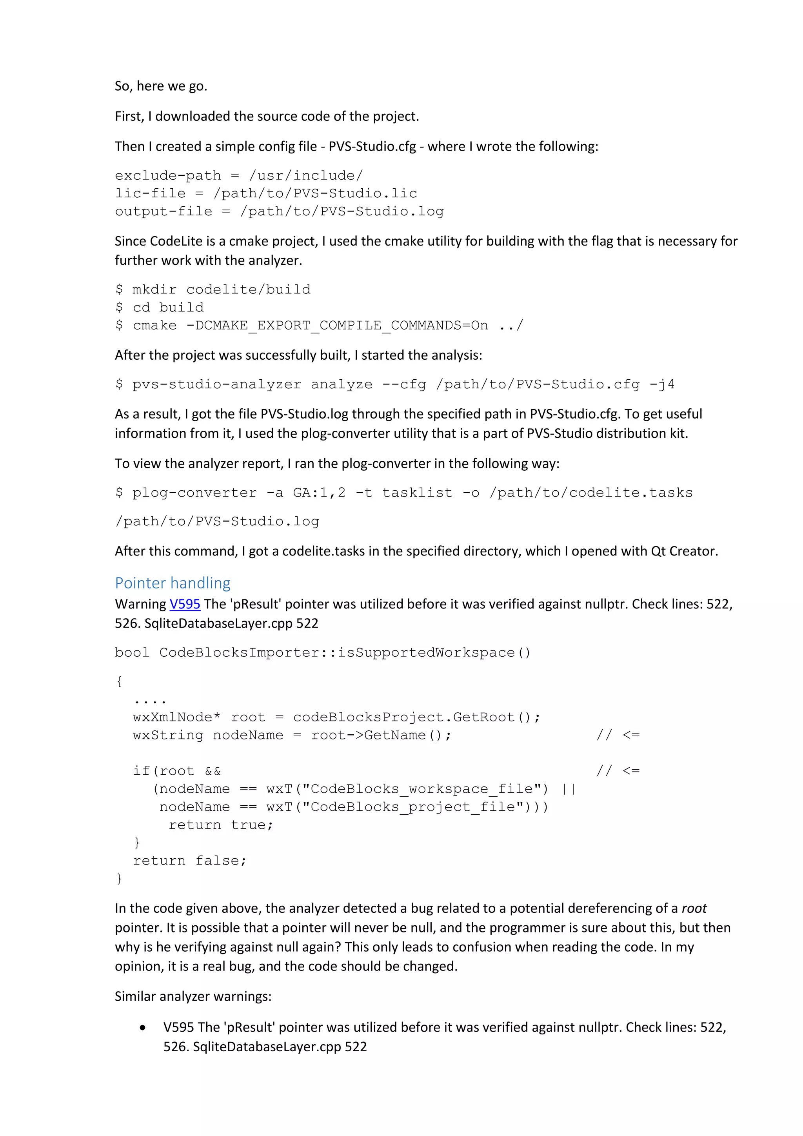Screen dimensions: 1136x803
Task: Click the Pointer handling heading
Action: (x=173, y=583)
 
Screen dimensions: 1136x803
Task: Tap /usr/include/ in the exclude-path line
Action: (x=306, y=176)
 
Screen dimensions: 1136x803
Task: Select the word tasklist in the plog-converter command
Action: (x=417, y=493)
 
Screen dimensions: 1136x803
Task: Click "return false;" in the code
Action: (x=189, y=861)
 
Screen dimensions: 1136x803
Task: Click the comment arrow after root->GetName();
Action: (x=618, y=735)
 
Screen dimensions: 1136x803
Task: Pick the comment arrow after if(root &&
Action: (x=618, y=771)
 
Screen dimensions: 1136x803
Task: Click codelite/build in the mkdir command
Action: (x=248, y=289)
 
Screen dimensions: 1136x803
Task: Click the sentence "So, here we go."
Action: (x=161, y=86)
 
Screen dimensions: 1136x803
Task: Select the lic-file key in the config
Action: (x=150, y=193)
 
